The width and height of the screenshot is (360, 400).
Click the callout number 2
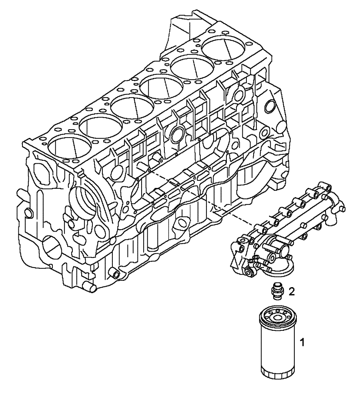coord(292,292)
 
